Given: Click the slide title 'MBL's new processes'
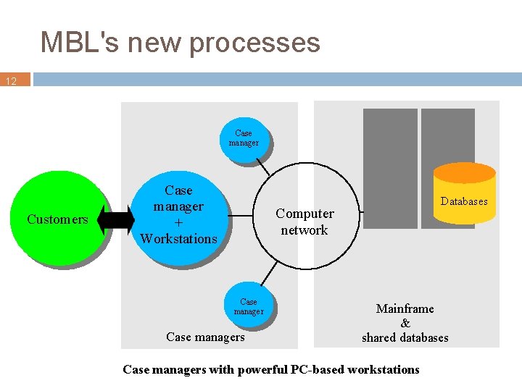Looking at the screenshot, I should click(x=180, y=42).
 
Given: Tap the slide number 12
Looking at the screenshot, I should click(x=12, y=82).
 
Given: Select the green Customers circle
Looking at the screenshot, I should click(x=58, y=217).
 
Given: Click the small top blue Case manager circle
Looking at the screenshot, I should click(x=244, y=138).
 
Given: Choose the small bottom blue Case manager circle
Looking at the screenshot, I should click(x=249, y=306).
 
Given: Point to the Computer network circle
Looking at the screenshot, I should click(x=304, y=221).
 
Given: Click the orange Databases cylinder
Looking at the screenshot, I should click(x=464, y=195).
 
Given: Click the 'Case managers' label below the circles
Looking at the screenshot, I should click(x=205, y=337).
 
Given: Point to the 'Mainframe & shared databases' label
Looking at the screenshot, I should click(x=405, y=323).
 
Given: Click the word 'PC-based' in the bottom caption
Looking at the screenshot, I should click(x=320, y=370).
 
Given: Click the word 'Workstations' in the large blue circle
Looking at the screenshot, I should click(x=178, y=238).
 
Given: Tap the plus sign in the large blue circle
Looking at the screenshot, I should click(x=178, y=222).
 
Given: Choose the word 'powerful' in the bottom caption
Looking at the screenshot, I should click(x=264, y=370).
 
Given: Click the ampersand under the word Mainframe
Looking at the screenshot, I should click(x=405, y=323).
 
